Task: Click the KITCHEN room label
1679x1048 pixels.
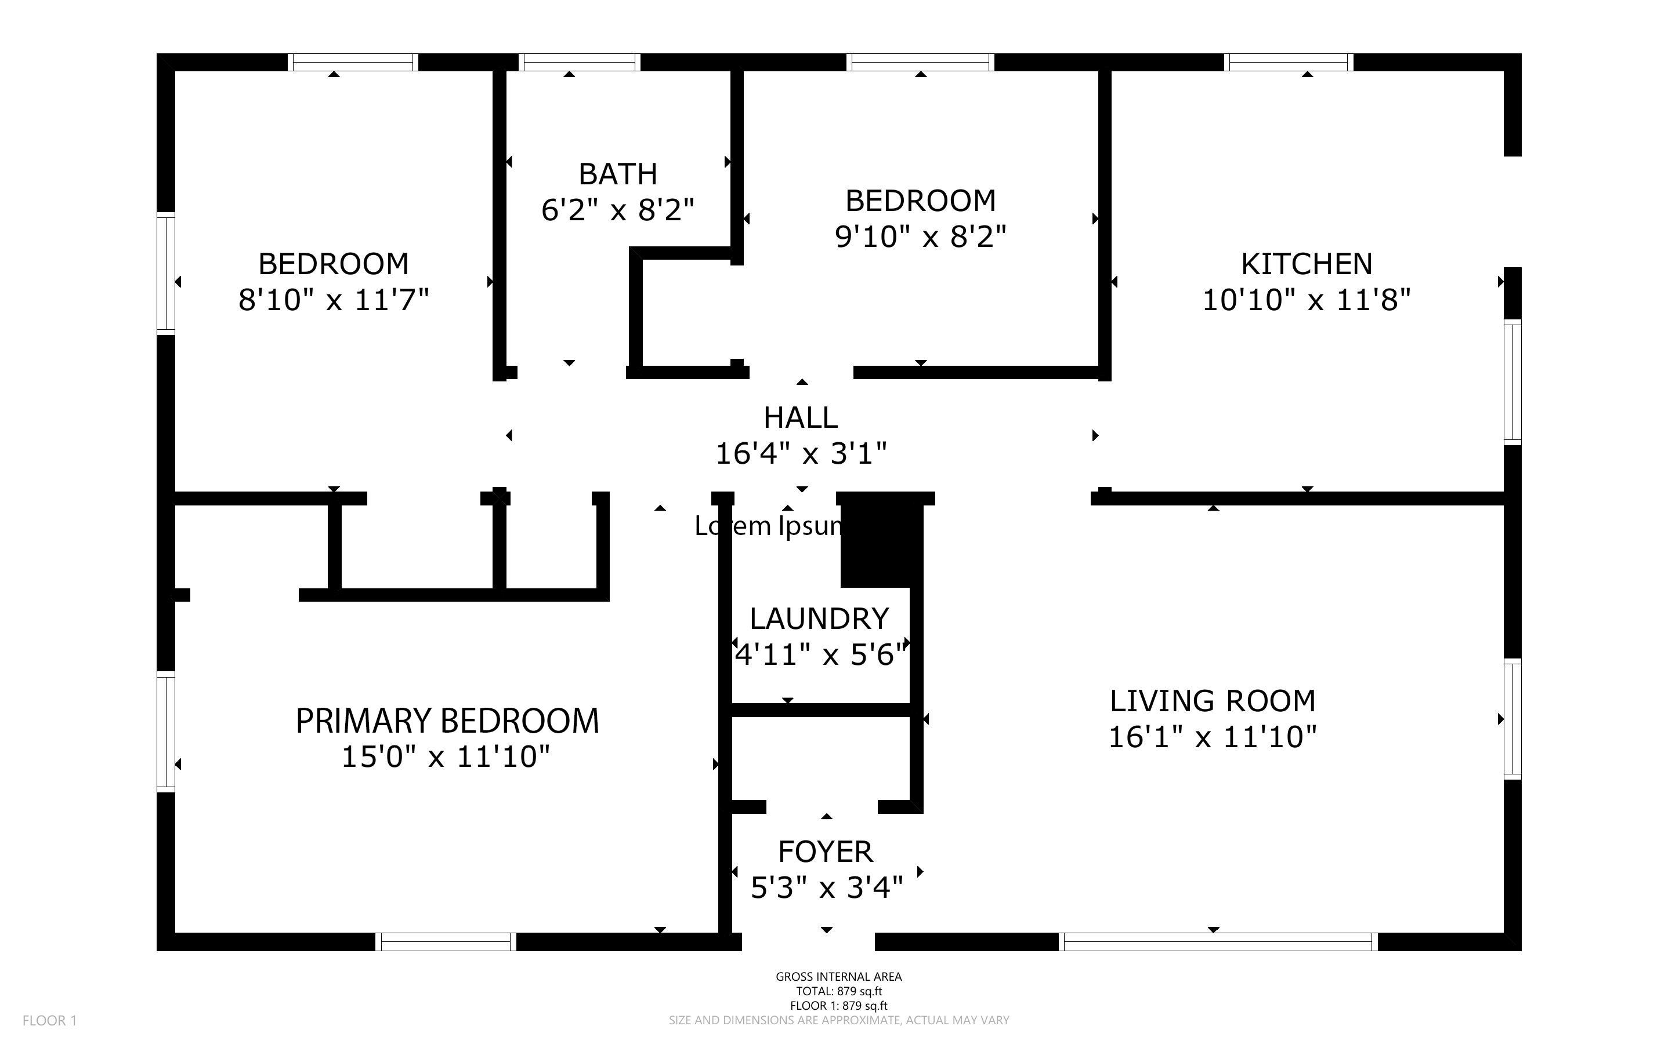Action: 1306,264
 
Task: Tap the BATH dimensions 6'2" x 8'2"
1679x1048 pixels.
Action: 617,209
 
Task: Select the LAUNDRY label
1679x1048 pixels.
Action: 819,618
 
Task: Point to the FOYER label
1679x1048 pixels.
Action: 825,851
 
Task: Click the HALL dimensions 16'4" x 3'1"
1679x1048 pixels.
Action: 801,454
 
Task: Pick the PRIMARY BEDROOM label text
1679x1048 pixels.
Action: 447,721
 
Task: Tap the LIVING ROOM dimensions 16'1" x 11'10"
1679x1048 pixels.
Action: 1213,737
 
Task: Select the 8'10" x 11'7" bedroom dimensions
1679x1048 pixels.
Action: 334,300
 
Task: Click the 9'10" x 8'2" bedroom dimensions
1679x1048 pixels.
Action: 920,237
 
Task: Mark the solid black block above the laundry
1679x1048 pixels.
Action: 881,544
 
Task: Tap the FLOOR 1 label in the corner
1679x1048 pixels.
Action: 49,1020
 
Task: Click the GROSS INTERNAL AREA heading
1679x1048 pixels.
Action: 838,977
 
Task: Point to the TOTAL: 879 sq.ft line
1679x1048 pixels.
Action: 838,991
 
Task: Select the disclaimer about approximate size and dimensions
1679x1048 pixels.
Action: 838,1020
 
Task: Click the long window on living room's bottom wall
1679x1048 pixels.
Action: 1217,942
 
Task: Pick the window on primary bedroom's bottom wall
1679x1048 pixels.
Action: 446,942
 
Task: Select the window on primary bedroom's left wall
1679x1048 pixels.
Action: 166,732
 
